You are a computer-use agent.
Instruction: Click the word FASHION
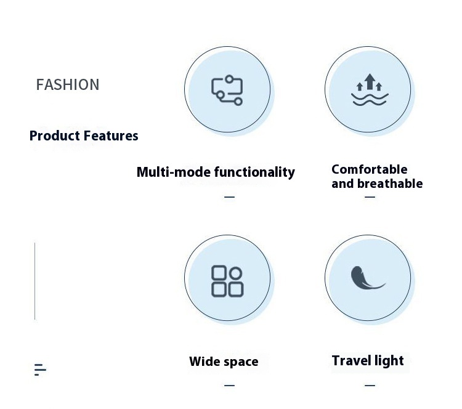(68, 84)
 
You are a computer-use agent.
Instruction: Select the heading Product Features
(84, 136)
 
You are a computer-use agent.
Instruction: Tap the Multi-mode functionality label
(216, 172)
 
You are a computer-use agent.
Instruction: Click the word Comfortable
(370, 169)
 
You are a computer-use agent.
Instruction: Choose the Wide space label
(224, 362)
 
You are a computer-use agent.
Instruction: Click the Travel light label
(368, 360)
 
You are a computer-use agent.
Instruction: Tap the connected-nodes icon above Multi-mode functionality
(227, 90)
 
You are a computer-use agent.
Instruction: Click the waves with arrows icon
(369, 91)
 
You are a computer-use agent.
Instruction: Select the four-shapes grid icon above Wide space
(227, 281)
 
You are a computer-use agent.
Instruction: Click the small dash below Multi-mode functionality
(229, 197)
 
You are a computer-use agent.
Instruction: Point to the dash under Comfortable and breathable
(370, 197)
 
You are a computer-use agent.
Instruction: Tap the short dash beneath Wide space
(229, 386)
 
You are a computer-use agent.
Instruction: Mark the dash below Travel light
(370, 386)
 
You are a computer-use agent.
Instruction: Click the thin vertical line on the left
(35, 281)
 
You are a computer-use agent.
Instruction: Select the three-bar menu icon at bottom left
(40, 370)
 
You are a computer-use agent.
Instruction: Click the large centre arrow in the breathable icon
(370, 81)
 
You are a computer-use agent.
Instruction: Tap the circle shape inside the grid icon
(235, 273)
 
